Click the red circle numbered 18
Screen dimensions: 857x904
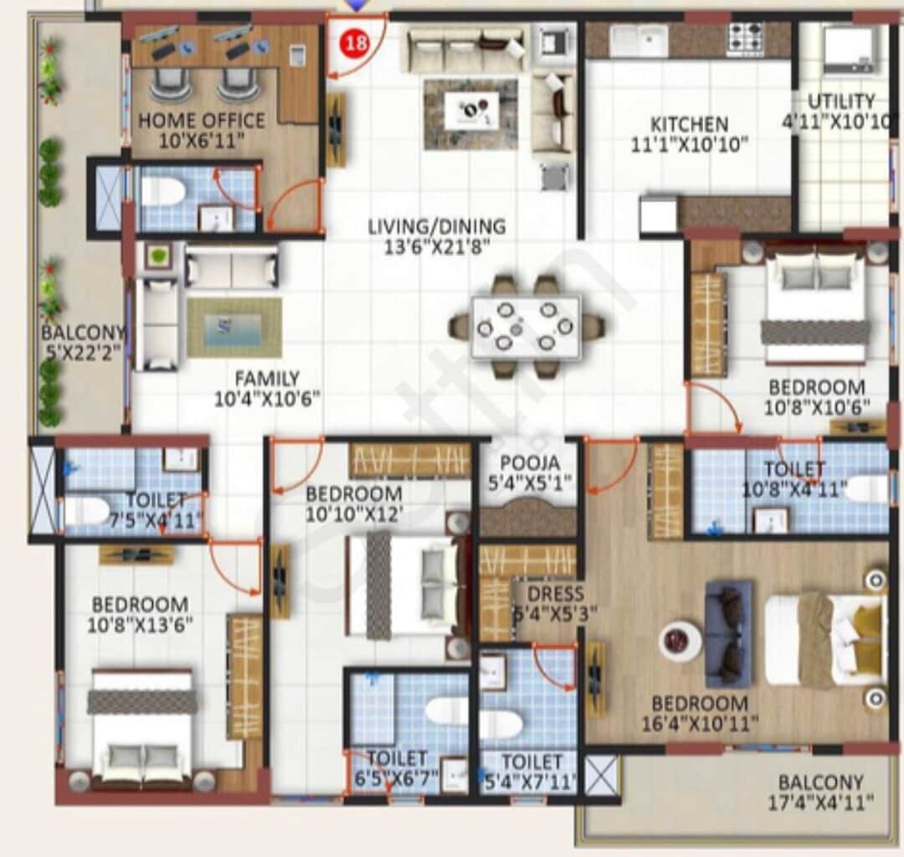[357, 44]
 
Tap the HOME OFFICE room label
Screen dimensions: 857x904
[201, 121]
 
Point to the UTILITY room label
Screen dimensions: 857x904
[840, 101]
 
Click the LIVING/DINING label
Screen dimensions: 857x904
[437, 226]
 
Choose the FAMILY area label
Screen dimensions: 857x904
[266, 379]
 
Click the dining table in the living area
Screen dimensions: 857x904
[526, 327]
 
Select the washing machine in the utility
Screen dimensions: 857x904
[850, 49]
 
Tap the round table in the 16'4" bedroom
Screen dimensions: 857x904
[680, 641]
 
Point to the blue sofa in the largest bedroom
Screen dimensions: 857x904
[728, 633]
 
